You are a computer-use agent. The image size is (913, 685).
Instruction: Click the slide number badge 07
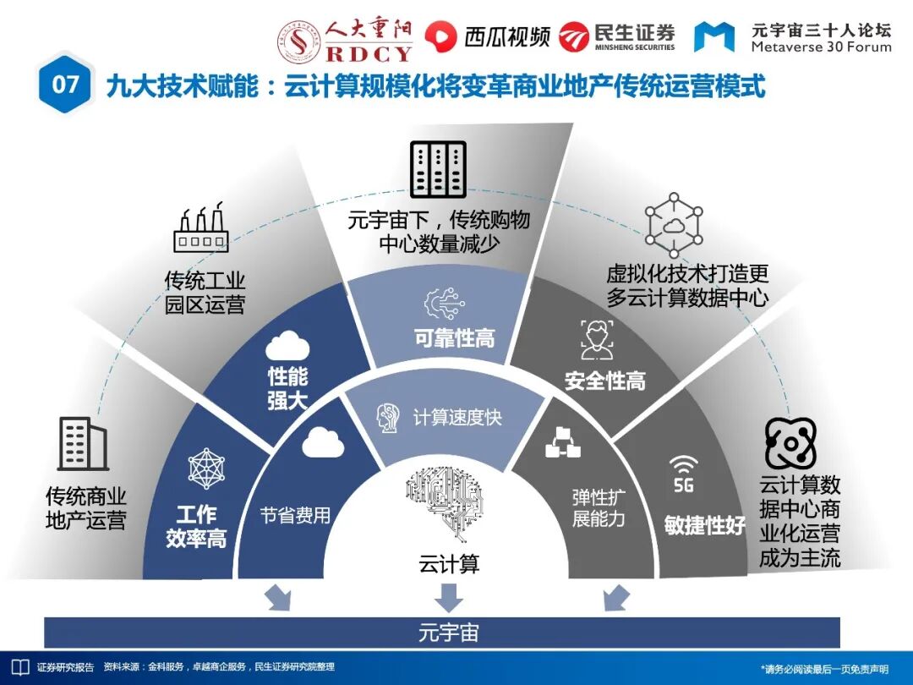point(65,85)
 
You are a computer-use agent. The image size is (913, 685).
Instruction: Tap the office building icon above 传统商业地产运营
point(82,443)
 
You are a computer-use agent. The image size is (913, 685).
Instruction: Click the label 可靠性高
point(454,338)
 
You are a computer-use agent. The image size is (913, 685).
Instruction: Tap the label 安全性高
point(604,381)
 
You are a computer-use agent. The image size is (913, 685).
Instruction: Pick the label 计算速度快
point(457,418)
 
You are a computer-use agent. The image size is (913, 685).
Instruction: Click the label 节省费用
point(295,515)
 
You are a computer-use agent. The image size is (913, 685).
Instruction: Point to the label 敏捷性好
point(704,525)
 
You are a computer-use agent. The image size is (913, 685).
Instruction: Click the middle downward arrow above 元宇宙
point(449,597)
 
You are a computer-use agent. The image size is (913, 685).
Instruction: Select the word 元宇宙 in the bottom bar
point(449,633)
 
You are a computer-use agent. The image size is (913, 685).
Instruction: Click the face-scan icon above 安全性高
point(597,338)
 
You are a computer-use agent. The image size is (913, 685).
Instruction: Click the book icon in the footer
point(19,666)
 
